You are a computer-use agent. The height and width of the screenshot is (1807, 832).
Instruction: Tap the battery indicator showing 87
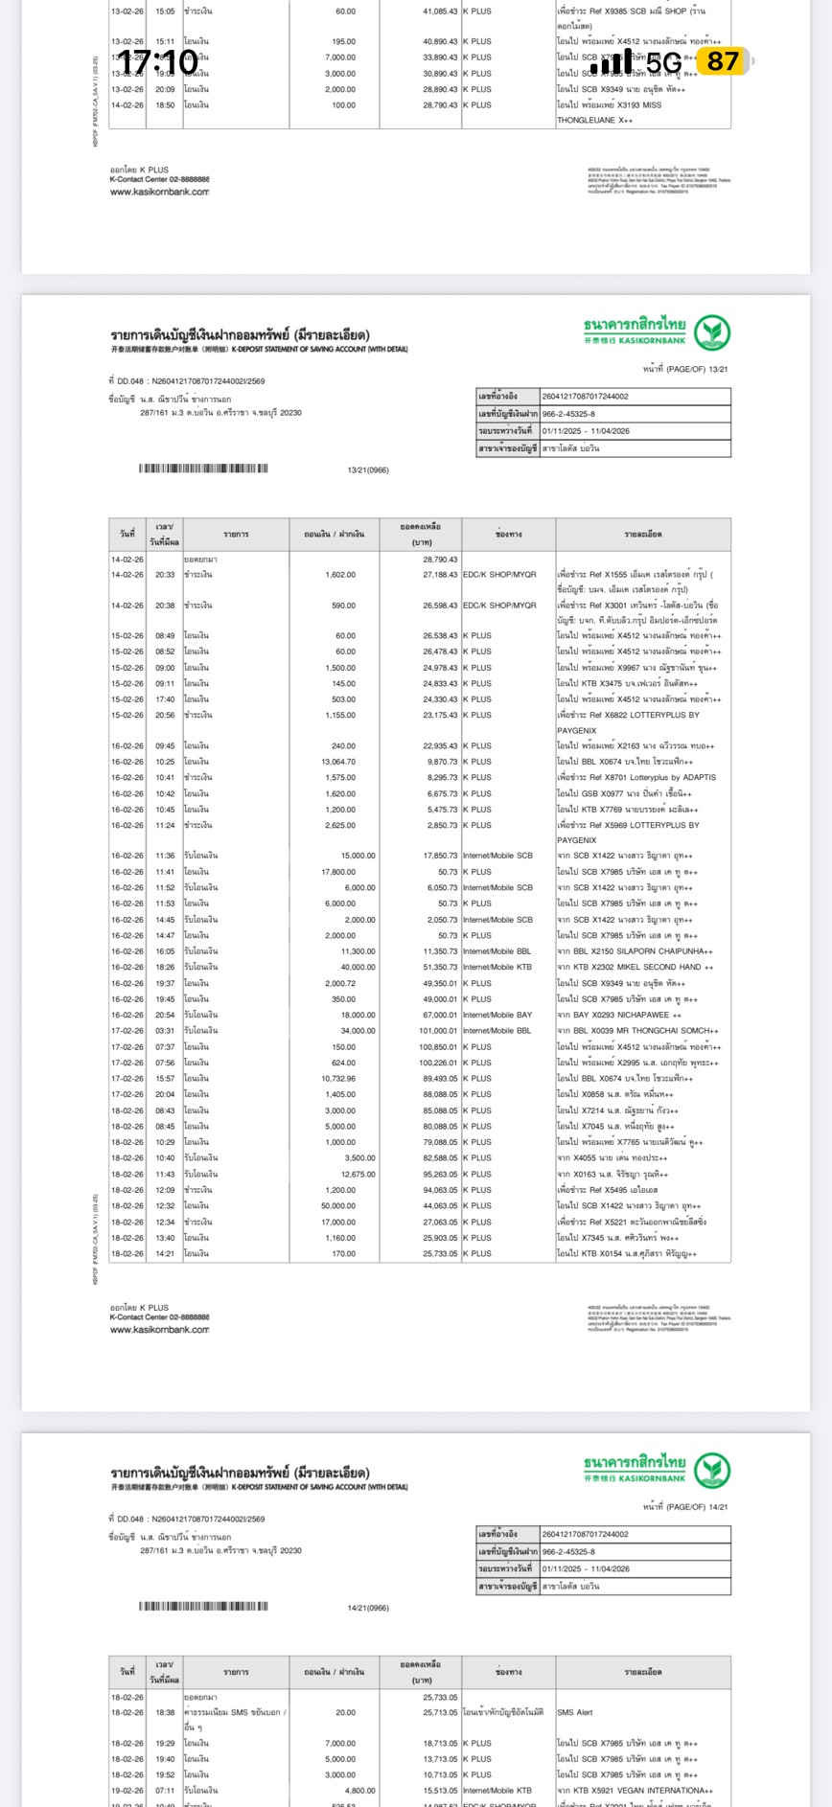click(x=724, y=62)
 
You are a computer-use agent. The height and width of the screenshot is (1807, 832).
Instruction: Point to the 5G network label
click(x=663, y=63)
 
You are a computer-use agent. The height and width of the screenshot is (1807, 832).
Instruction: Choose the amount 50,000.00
click(x=335, y=1206)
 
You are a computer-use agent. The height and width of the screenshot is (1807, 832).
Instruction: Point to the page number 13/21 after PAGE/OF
click(x=718, y=369)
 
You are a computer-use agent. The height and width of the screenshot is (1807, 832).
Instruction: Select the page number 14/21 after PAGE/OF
click(x=718, y=1507)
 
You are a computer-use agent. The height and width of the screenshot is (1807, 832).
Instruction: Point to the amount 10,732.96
click(x=335, y=1079)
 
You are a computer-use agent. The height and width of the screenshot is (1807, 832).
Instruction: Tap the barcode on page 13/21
click(x=203, y=469)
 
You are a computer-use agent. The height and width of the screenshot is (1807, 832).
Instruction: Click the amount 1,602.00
click(x=339, y=575)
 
